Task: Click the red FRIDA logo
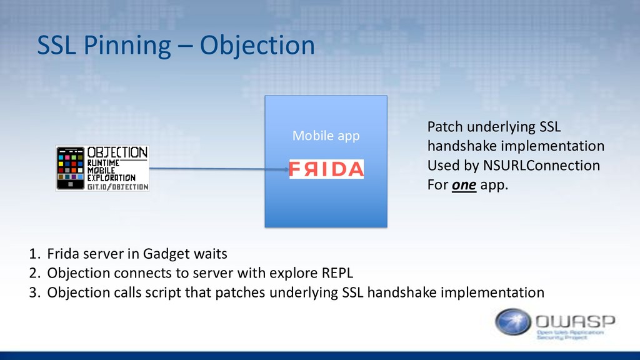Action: tap(326, 169)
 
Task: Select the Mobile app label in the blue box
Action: tap(326, 136)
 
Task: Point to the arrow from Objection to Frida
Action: tap(219, 169)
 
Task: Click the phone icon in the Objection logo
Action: tap(70, 168)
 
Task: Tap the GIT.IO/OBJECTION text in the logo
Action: tap(117, 187)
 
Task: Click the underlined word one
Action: tap(464, 185)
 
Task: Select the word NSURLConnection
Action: tap(541, 165)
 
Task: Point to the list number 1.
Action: tap(35, 254)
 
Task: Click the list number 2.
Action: tap(35, 273)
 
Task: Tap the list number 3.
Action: tap(35, 292)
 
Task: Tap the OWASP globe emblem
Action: tap(513, 322)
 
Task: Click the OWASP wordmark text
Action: tap(575, 321)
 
